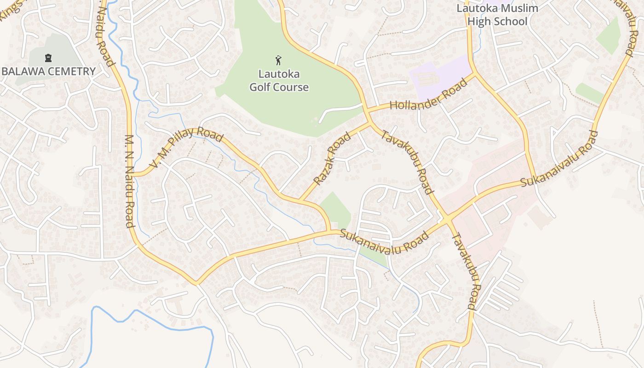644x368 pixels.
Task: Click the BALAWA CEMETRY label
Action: (48, 71)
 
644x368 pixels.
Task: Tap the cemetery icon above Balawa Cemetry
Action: (48, 58)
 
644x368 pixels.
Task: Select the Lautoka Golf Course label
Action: (279, 80)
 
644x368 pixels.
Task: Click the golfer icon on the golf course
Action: (278, 60)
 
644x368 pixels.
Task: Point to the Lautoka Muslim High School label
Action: (497, 15)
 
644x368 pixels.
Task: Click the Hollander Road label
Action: (428, 94)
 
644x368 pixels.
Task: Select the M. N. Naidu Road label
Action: (129, 181)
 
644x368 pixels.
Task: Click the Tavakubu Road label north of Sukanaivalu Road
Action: (407, 161)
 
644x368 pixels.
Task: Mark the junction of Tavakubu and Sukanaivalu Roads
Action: (448, 220)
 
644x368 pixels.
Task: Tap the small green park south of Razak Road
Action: (336, 209)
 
